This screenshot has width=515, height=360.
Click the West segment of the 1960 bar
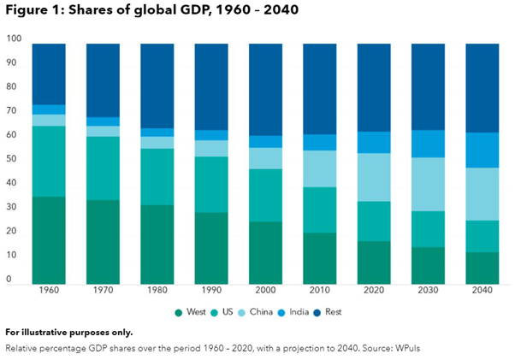pyautogui.click(x=49, y=239)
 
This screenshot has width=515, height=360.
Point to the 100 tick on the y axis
pyautogui.click(x=14, y=38)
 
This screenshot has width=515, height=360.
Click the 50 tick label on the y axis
pyautogui.click(x=12, y=159)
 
